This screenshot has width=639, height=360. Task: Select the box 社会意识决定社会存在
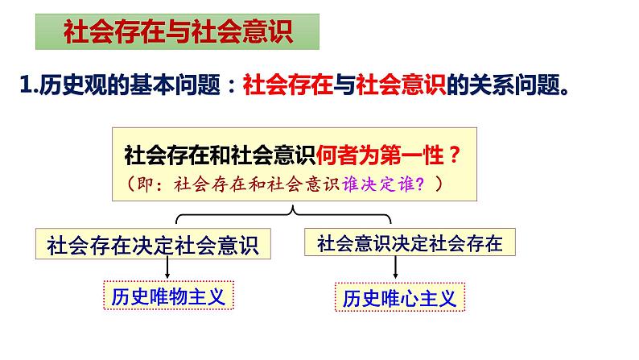[410, 243]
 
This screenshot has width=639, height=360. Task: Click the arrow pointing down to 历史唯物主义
[168, 268]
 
